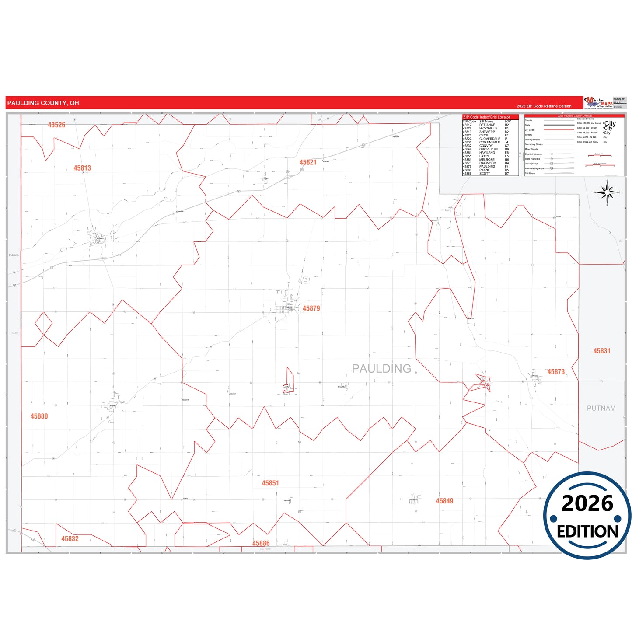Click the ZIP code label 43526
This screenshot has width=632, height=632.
(56, 125)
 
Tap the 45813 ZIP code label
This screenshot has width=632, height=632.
(82, 168)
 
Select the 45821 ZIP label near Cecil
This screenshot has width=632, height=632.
(308, 162)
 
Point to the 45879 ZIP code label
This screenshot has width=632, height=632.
(311, 308)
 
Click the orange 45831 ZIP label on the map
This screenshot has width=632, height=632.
(602, 351)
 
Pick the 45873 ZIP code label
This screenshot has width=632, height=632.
(556, 372)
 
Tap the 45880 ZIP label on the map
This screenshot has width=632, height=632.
(39, 416)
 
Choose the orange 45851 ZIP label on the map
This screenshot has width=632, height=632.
(270, 483)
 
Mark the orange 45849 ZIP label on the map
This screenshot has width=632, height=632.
(444, 501)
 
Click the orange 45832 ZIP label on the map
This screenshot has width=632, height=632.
(70, 539)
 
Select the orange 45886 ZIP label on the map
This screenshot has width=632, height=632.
(261, 543)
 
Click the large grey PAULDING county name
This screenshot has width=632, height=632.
(381, 369)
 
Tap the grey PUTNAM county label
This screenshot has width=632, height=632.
(601, 408)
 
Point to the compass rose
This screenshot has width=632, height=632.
(607, 192)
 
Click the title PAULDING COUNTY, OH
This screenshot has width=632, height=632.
(43, 103)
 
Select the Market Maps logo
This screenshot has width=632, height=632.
(599, 103)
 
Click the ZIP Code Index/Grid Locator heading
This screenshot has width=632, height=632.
(486, 117)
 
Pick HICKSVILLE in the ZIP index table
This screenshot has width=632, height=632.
(488, 129)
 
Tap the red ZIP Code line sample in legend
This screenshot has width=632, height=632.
(559, 130)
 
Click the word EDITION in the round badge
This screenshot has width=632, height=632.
(587, 531)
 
